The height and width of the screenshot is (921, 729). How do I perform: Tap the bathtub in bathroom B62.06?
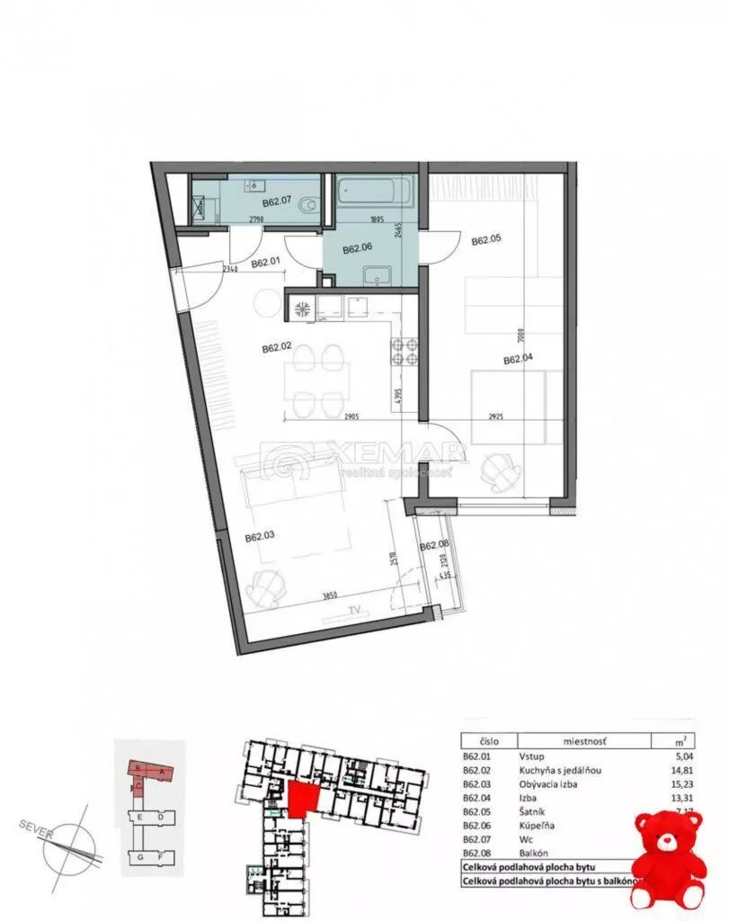[374, 192]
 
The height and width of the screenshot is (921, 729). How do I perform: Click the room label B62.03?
[261, 539]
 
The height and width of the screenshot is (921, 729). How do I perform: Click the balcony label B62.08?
[433, 544]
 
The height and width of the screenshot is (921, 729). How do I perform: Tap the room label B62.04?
[519, 360]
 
